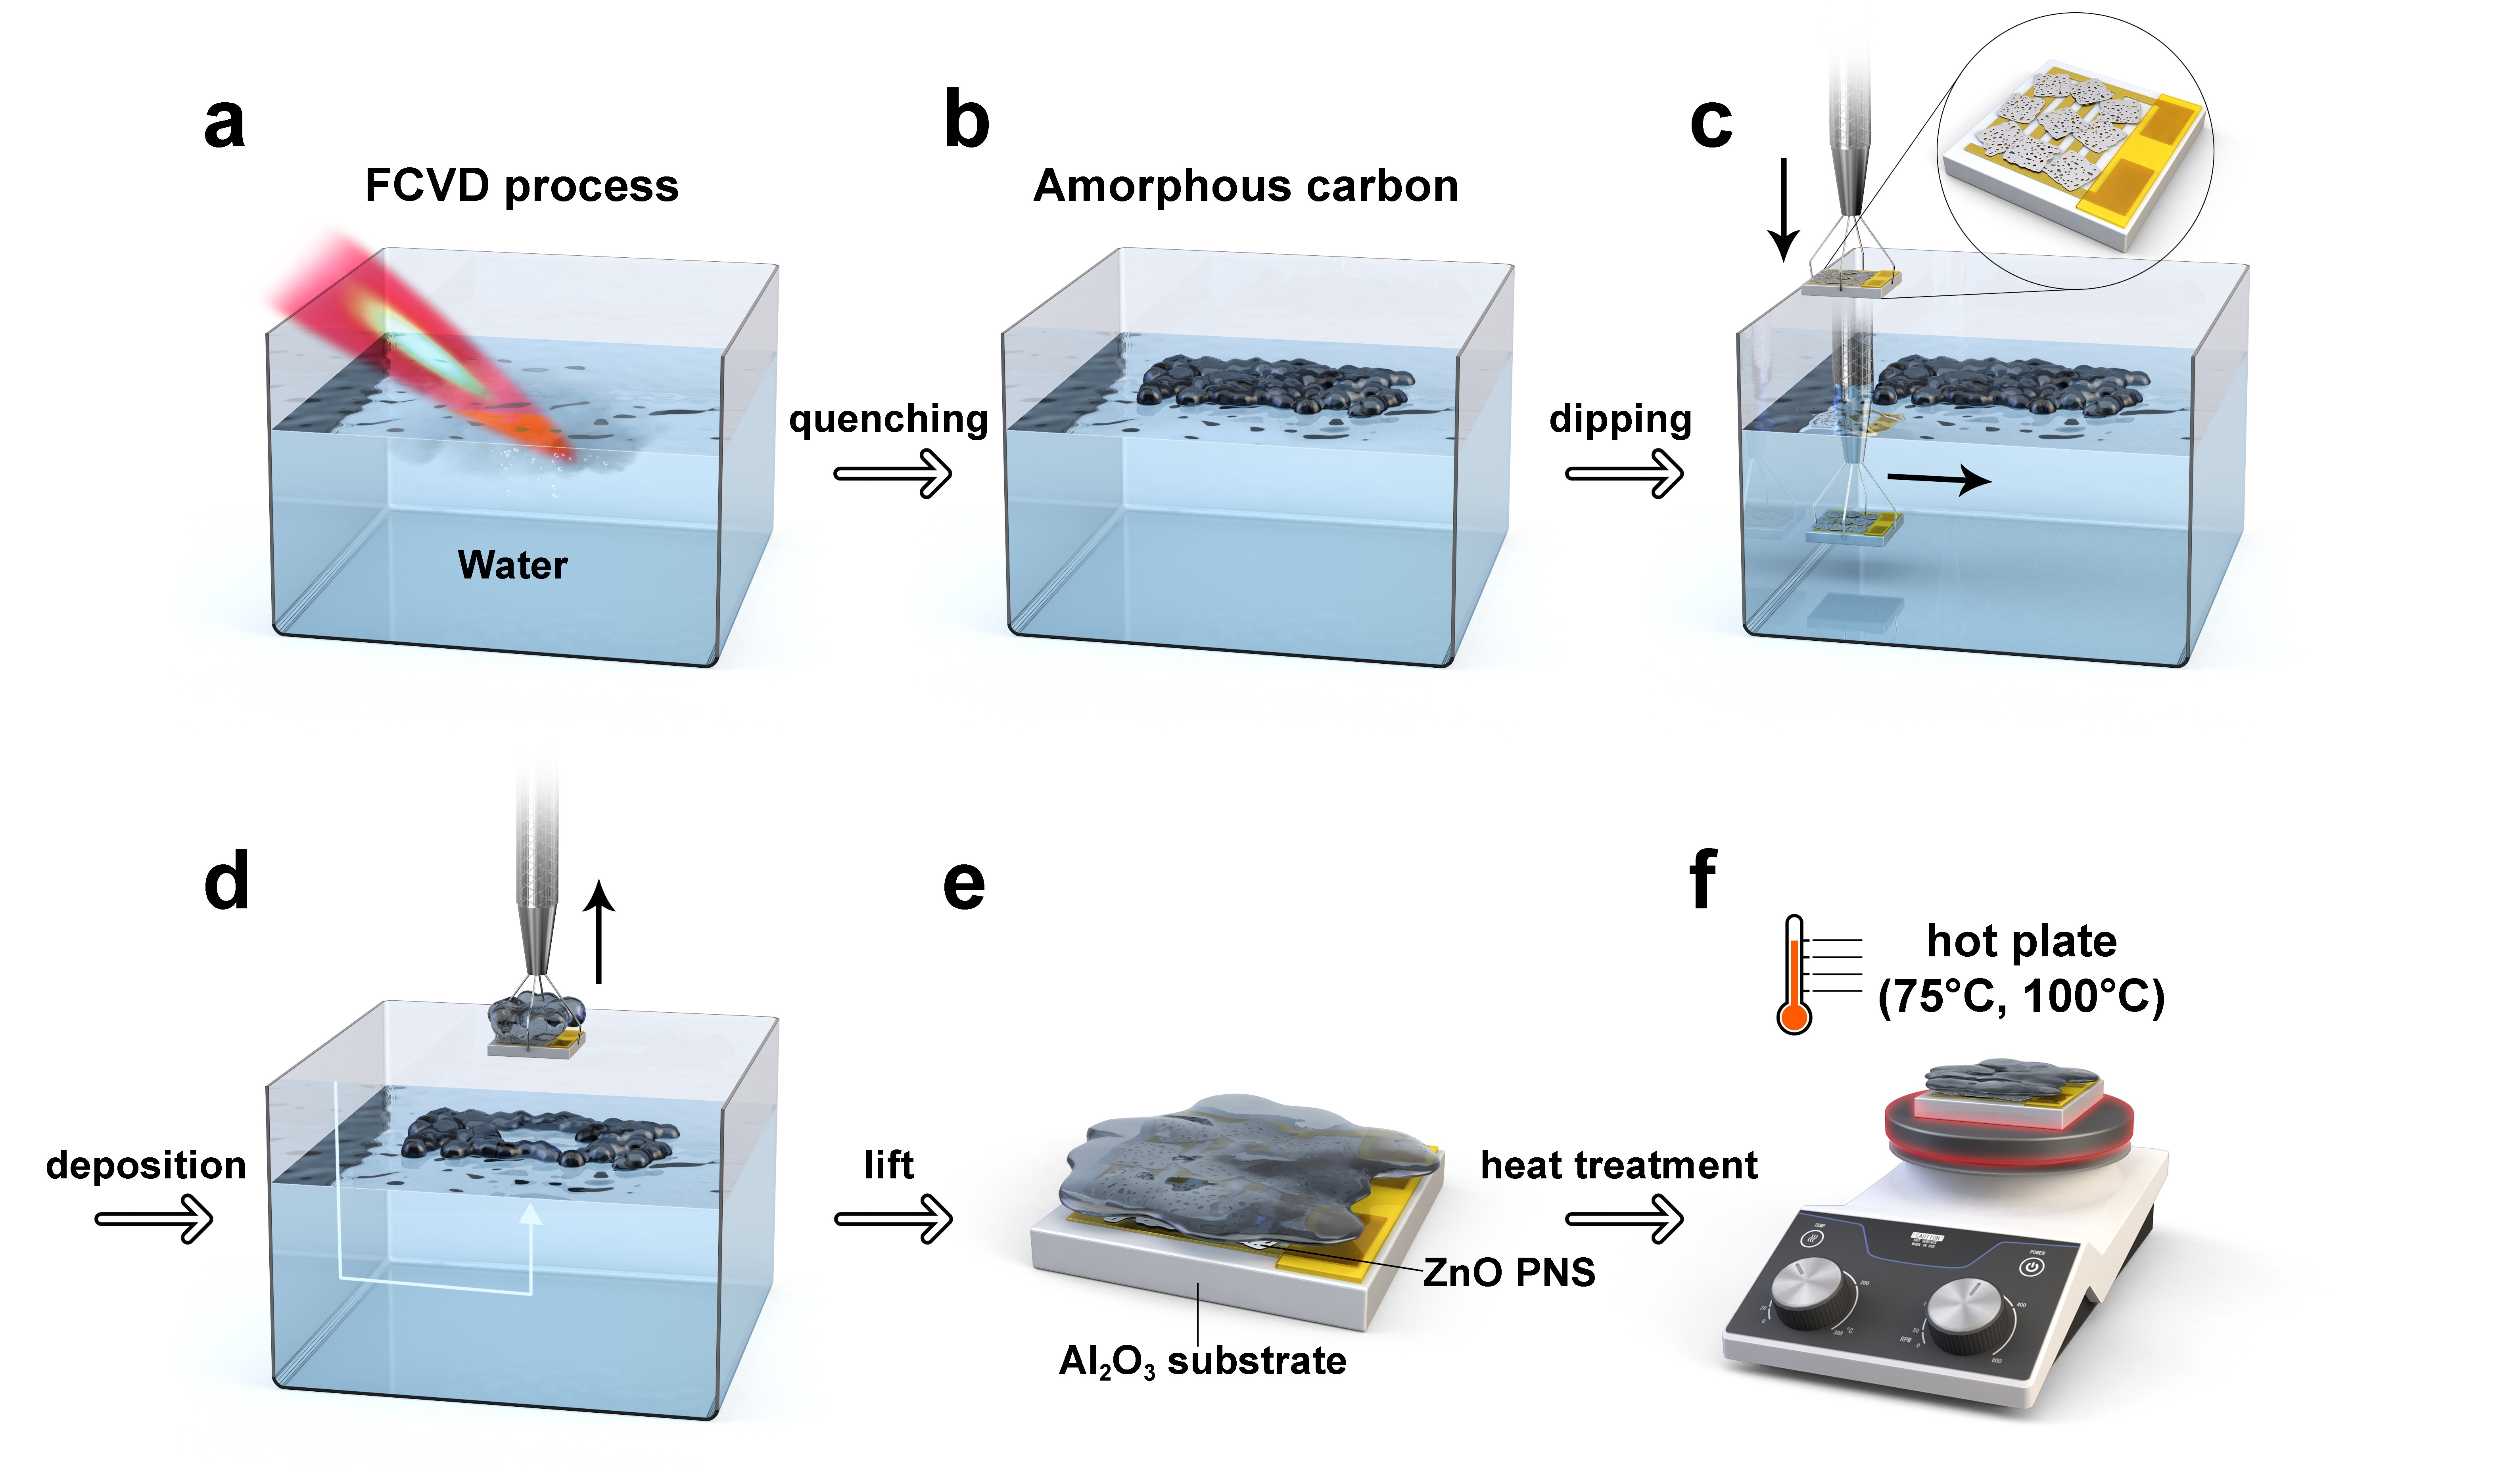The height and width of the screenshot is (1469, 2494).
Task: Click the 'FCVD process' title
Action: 522,186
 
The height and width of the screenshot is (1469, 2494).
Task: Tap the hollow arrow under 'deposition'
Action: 153,1218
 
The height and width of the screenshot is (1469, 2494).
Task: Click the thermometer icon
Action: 1794,975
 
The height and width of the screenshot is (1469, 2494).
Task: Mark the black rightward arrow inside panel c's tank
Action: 1939,480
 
